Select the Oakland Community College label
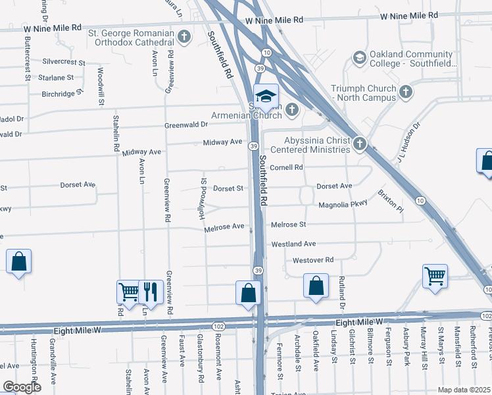401,59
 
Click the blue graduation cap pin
266,98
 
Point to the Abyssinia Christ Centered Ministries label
316,145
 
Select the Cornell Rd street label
286,167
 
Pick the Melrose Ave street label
224,226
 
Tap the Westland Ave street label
294,244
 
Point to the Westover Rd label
313,260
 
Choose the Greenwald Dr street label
186,124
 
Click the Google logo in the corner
22,387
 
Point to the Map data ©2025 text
464,390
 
